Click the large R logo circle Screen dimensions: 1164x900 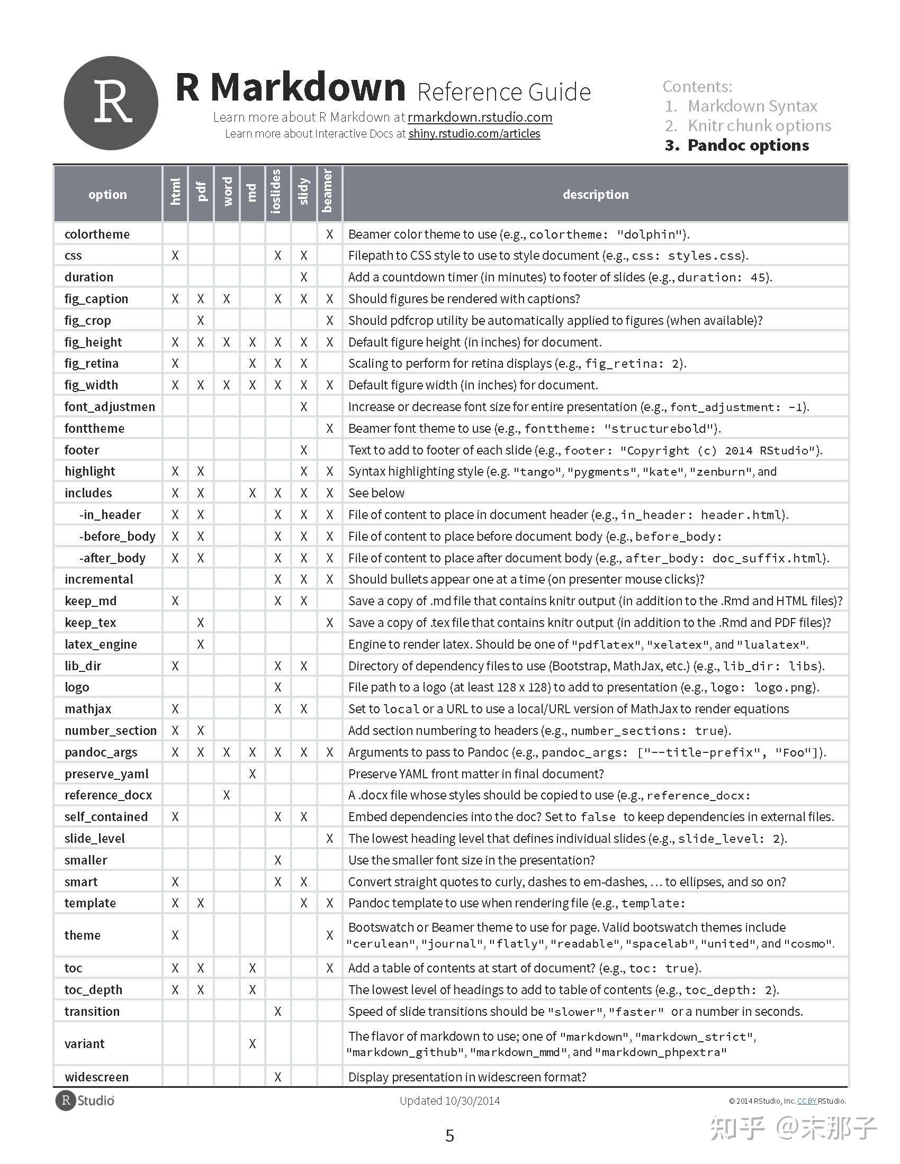tap(111, 103)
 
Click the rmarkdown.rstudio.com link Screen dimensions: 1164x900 tap(480, 117)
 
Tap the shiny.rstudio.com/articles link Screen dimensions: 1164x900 tap(474, 134)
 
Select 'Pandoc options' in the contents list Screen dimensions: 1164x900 tap(748, 145)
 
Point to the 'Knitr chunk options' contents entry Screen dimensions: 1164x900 tap(759, 126)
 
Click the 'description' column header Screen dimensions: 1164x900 tap(596, 195)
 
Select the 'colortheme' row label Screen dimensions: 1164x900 tap(97, 234)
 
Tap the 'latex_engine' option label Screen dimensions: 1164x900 tap(101, 644)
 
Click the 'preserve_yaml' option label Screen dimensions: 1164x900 tap(106, 774)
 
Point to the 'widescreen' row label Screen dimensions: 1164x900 tap(96, 1077)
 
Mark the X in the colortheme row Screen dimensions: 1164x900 tap(329, 234)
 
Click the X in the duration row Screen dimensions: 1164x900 tap(303, 277)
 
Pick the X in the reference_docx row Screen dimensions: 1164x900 tap(227, 795)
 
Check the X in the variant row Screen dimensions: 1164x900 tap(252, 1043)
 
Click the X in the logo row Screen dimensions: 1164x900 tap(278, 687)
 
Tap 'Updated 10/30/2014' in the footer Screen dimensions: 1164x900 tap(449, 1101)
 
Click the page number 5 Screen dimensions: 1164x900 tap(449, 1136)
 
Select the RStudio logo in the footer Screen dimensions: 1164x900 tap(85, 1101)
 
